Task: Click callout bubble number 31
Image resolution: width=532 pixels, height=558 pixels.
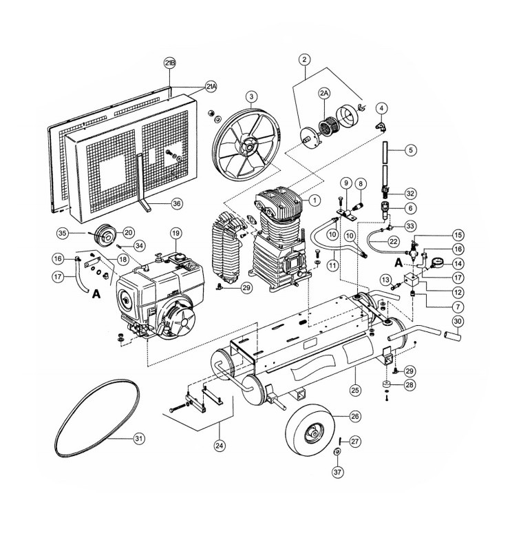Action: click(x=139, y=438)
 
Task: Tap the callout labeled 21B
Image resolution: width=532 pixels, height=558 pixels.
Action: click(x=170, y=63)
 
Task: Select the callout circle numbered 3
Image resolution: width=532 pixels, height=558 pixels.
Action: click(x=251, y=96)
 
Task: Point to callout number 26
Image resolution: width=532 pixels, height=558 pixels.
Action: click(x=355, y=416)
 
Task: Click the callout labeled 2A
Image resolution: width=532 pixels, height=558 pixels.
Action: click(x=324, y=93)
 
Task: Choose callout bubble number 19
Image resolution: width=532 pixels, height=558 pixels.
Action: click(x=175, y=234)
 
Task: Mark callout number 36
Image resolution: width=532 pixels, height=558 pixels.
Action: click(x=176, y=203)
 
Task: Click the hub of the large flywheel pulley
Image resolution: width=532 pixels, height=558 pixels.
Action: click(x=248, y=145)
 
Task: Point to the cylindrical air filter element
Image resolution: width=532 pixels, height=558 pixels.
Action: click(x=325, y=126)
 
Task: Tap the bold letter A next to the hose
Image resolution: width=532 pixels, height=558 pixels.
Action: click(x=96, y=294)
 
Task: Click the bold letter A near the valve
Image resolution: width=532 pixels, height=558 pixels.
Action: click(x=399, y=263)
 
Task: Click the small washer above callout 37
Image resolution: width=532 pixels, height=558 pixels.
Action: click(x=337, y=452)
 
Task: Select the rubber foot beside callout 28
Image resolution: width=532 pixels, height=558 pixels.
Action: click(x=387, y=385)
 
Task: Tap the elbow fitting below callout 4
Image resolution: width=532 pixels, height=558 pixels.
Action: click(x=381, y=126)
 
